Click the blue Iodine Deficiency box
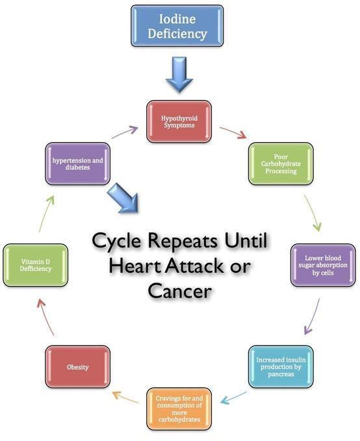(x=177, y=26)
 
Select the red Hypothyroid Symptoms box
(x=179, y=121)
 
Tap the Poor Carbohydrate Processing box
(x=281, y=164)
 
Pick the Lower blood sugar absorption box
(x=323, y=265)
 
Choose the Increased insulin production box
(x=281, y=367)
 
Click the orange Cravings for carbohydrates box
(x=179, y=409)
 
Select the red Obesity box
(x=78, y=367)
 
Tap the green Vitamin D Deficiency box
(x=36, y=265)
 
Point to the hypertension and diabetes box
(x=78, y=164)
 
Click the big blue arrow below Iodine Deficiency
(x=179, y=75)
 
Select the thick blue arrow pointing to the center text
(x=124, y=198)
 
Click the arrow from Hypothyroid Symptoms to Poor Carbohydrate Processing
(x=233, y=132)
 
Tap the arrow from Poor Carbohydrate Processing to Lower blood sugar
(x=313, y=213)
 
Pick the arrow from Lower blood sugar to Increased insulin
(x=312, y=316)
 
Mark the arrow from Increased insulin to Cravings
(x=234, y=397)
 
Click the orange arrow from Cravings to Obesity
(x=125, y=397)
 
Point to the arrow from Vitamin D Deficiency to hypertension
(x=46, y=214)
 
